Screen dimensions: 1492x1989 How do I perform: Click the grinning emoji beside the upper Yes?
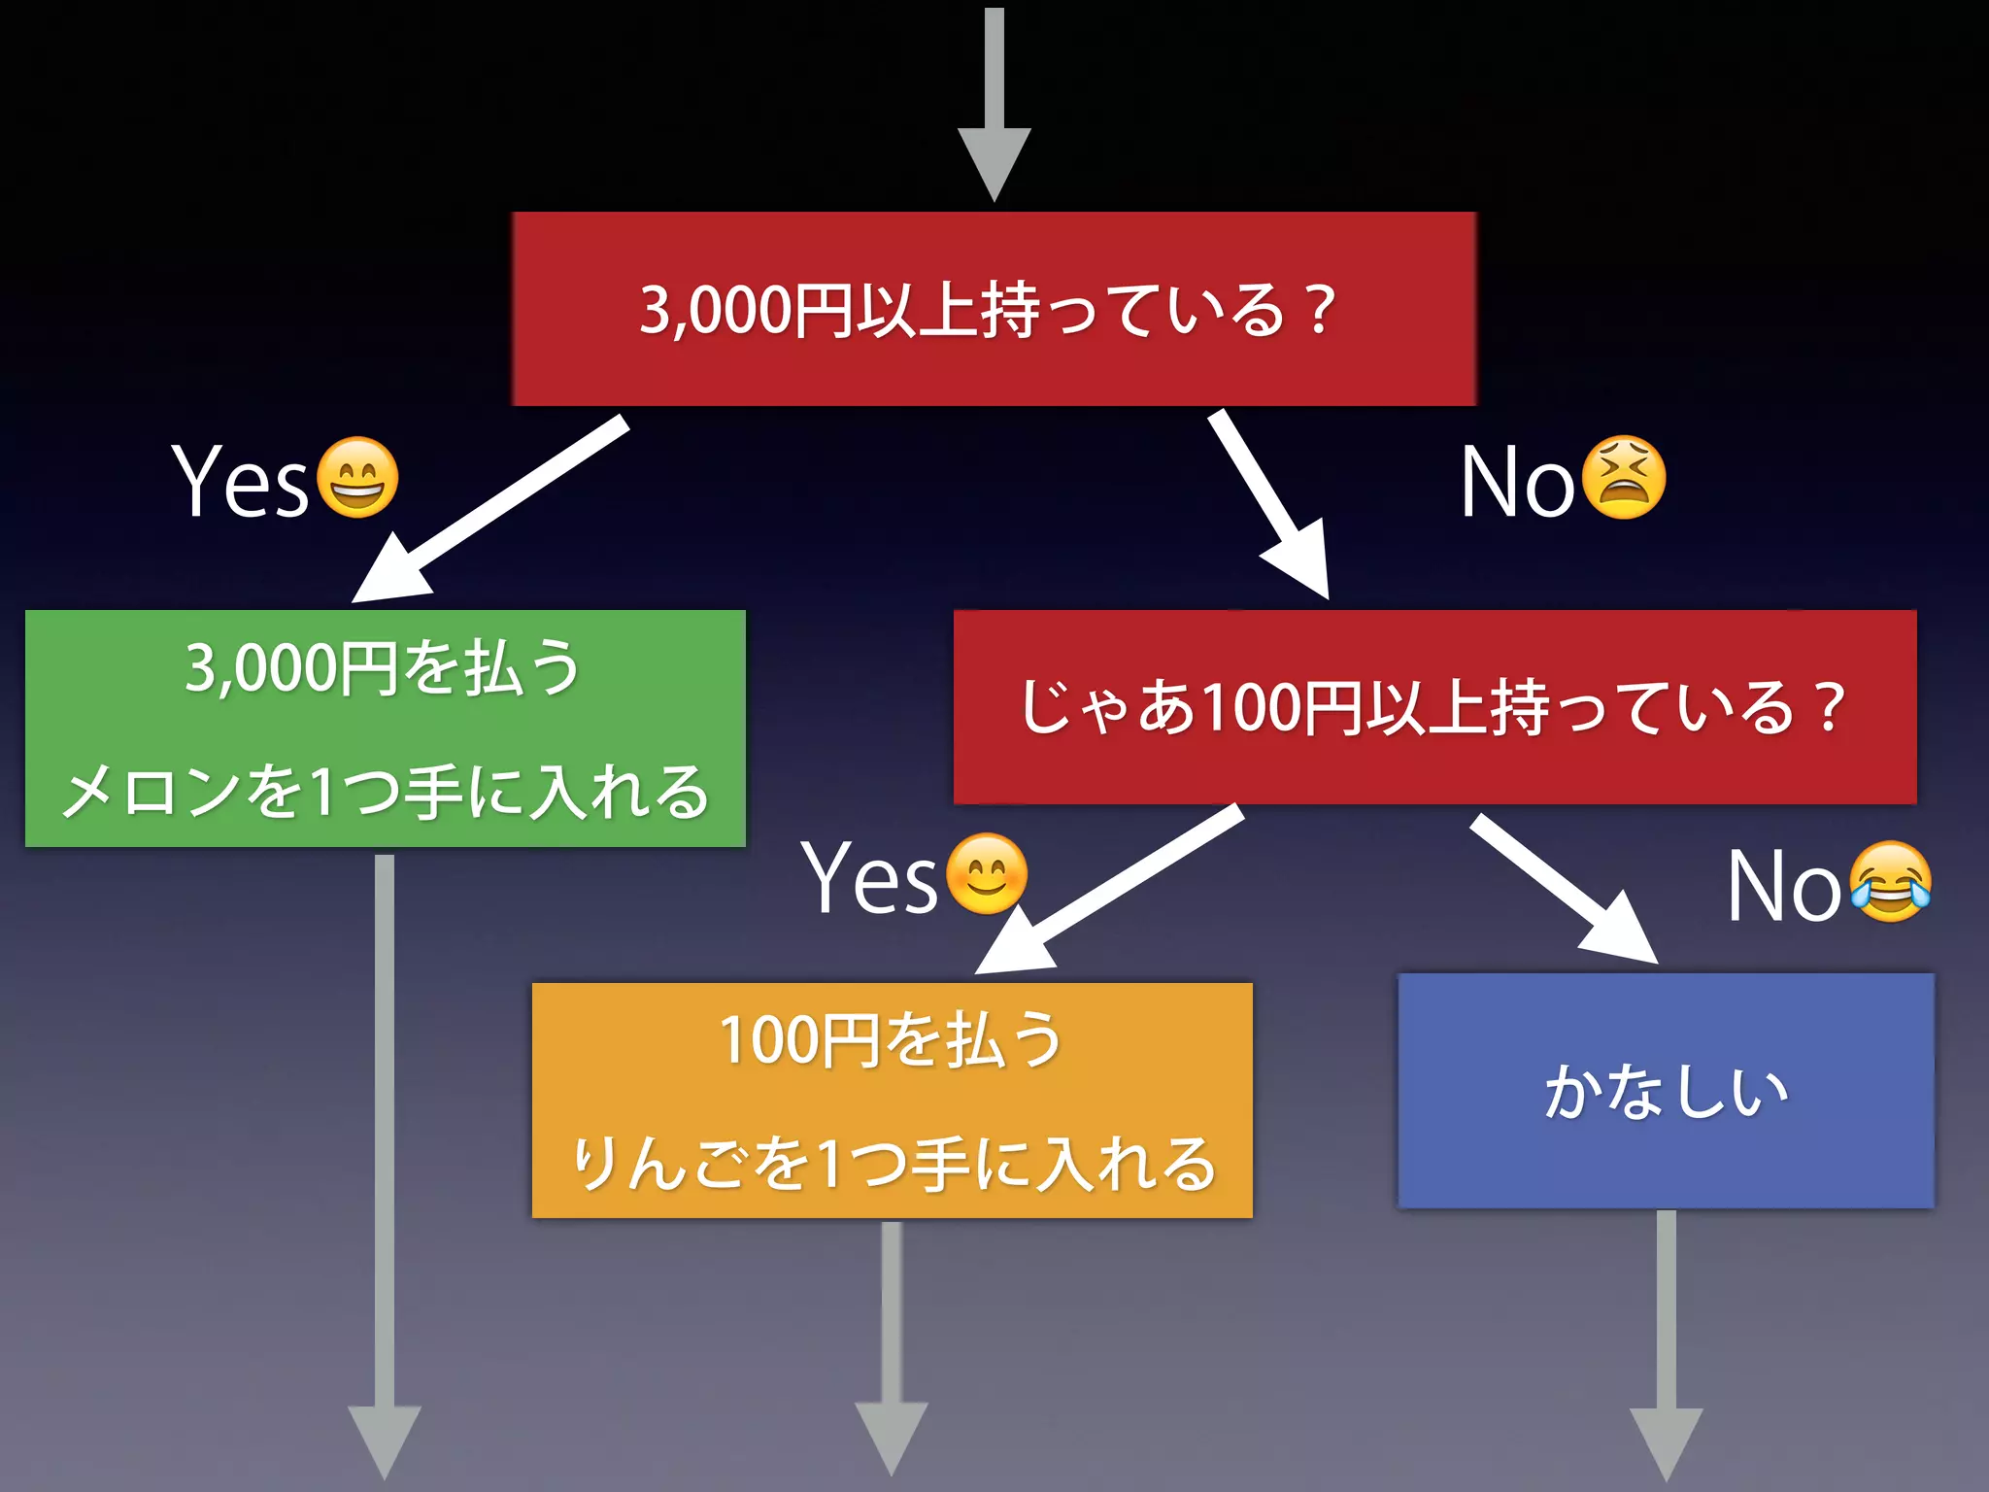pos(357,477)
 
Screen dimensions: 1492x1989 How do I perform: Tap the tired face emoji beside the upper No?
pos(1623,477)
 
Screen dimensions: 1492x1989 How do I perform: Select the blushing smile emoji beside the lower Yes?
pos(986,874)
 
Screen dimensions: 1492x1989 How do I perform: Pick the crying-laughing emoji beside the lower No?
pos(1889,882)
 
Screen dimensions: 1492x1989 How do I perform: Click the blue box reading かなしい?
pos(1666,1091)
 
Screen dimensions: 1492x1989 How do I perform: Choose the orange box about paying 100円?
pos(892,1100)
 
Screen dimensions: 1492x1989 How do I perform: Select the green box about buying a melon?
pos(385,729)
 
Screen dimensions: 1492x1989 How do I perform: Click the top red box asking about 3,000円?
pos(994,309)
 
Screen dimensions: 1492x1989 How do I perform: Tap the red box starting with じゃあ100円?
pos(1434,707)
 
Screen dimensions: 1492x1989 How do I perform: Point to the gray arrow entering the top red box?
pos(994,107)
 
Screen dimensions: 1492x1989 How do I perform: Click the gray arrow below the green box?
pos(385,1166)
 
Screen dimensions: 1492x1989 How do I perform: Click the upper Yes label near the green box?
pos(240,480)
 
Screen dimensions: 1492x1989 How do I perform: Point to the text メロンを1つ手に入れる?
pos(385,791)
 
